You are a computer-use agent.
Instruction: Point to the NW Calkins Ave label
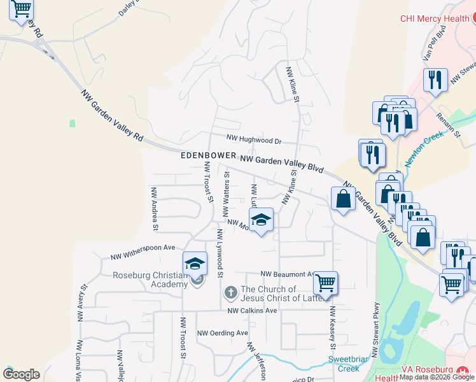tap(253, 310)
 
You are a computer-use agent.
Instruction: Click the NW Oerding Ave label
tap(222, 333)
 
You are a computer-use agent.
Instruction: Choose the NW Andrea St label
tap(154, 208)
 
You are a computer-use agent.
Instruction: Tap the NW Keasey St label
tap(332, 327)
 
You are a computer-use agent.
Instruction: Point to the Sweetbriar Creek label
tap(348, 364)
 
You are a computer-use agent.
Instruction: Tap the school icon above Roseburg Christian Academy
tap(195, 264)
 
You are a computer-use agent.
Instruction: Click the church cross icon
tap(231, 293)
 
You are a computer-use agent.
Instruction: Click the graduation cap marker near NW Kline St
tap(260, 220)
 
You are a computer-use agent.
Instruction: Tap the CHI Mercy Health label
tap(435, 18)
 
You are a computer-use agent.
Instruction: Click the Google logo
tap(21, 374)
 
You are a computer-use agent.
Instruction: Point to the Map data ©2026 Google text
tap(437, 378)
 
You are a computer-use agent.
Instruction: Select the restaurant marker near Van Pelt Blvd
tap(435, 80)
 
